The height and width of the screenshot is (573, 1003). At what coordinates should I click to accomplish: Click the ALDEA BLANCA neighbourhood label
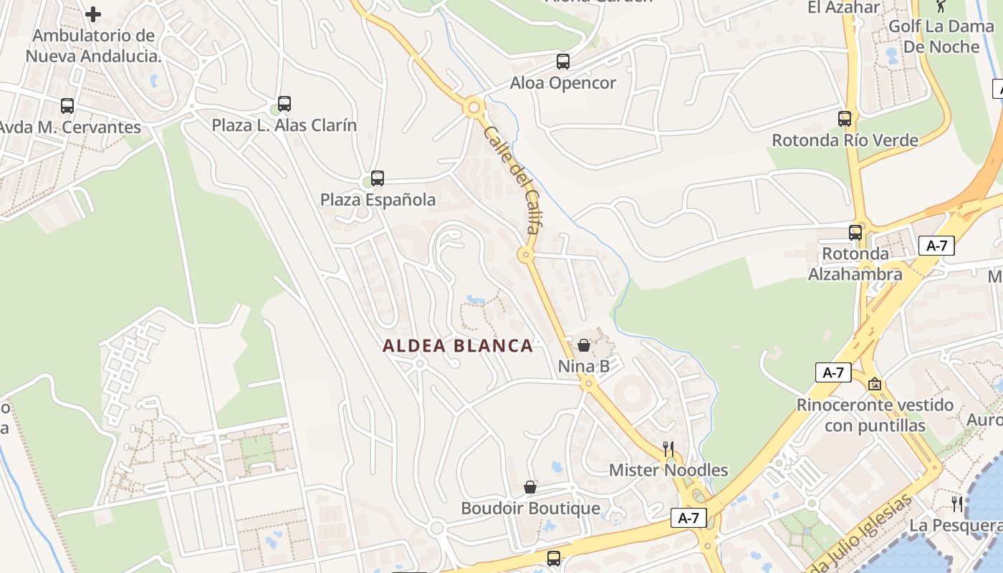[458, 346]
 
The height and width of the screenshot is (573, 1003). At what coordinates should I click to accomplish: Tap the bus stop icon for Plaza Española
[378, 178]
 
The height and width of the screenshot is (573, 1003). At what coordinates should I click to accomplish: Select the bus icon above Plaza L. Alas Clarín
[284, 104]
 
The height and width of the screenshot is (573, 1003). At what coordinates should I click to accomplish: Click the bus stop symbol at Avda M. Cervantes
[67, 106]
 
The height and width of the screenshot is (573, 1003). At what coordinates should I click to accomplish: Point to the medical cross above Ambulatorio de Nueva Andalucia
[93, 14]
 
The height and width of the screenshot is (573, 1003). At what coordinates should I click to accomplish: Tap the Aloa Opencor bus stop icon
[563, 62]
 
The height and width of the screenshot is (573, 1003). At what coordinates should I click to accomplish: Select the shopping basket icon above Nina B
[584, 346]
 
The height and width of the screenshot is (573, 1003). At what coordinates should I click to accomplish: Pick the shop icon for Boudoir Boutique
[530, 487]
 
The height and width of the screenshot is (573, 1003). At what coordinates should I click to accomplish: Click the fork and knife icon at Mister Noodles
[668, 449]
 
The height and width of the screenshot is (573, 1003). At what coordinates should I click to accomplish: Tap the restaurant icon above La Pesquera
[957, 504]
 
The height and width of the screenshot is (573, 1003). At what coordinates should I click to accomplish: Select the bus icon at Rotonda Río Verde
[845, 119]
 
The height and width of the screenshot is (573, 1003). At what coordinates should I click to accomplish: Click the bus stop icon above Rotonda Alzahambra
[855, 233]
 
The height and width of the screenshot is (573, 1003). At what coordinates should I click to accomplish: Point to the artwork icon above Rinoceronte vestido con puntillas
[875, 384]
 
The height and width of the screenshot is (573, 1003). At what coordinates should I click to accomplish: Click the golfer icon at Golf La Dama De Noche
[941, 6]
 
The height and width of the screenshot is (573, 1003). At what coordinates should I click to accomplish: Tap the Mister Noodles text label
[668, 471]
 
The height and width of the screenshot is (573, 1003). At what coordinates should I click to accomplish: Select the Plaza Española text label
[378, 200]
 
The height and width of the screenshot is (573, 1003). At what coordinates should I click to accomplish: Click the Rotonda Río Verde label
[845, 140]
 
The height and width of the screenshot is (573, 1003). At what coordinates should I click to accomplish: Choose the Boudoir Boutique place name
[530, 509]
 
